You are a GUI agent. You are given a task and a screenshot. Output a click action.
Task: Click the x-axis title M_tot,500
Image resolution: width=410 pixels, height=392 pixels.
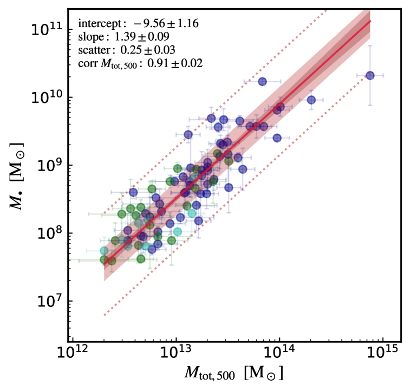[234, 374]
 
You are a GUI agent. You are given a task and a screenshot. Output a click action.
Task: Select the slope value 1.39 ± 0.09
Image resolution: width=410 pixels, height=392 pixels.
[142, 37]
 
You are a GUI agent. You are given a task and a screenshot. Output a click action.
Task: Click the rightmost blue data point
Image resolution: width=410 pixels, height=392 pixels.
[370, 75]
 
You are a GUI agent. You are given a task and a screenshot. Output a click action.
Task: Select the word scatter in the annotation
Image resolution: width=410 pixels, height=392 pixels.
[94, 50]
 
